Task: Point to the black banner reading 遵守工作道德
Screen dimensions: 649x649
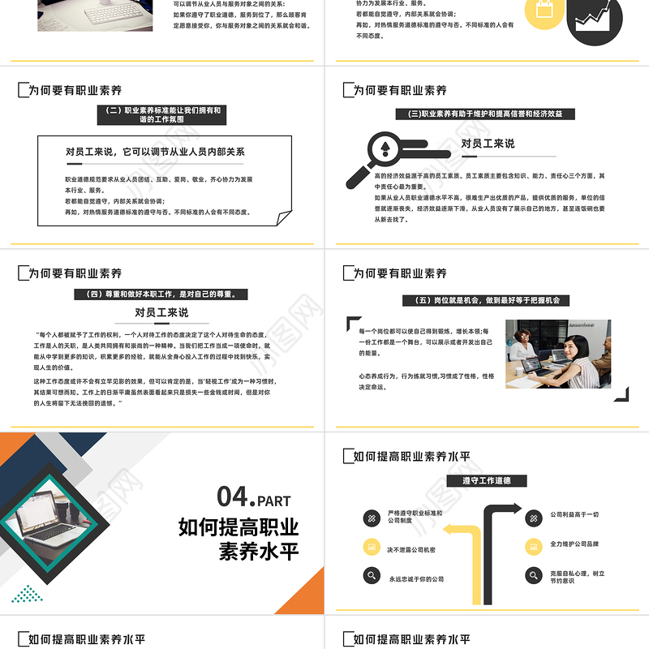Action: pos(486,481)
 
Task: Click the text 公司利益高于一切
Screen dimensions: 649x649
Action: pos(574,514)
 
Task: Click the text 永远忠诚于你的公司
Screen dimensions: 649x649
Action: pos(416,578)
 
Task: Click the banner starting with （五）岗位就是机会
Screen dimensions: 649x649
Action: pos(486,300)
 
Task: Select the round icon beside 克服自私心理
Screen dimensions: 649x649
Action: pos(533,577)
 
